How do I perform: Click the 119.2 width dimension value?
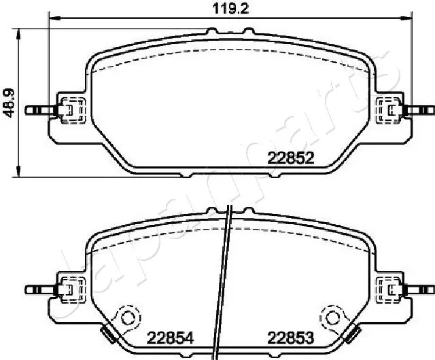220,8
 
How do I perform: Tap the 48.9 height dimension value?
9,102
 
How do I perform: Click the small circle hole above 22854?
126,317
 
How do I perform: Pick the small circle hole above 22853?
332,317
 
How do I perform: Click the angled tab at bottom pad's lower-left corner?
107,333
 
